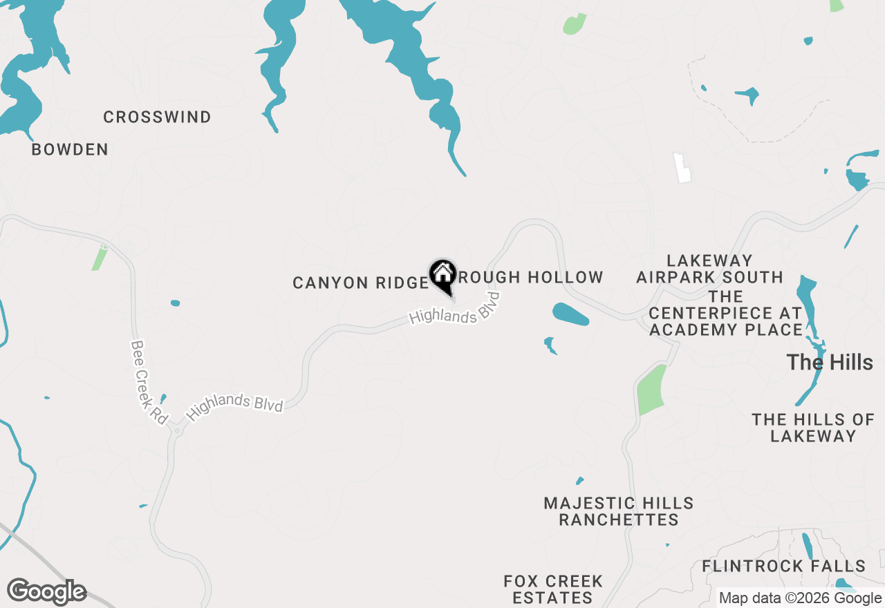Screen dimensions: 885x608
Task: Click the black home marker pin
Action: click(x=442, y=276)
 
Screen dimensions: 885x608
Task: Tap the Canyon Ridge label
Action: click(x=360, y=283)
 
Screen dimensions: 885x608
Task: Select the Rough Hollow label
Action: click(x=530, y=278)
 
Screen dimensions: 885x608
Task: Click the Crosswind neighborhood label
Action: click(x=158, y=117)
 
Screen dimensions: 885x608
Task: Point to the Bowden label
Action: click(x=70, y=150)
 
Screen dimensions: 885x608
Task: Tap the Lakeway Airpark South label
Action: click(x=709, y=269)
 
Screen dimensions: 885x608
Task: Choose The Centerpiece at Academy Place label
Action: click(x=726, y=314)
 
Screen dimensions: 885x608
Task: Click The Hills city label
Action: click(x=830, y=362)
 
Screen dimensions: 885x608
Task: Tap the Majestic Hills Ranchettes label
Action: click(x=619, y=511)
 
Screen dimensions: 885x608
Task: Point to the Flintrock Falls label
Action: click(x=783, y=567)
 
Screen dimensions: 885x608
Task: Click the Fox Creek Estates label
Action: click(x=553, y=589)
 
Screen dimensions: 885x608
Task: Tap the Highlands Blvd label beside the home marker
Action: click(x=454, y=310)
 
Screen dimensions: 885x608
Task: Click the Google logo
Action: click(x=46, y=592)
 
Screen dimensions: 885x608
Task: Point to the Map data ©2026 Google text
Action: click(x=800, y=598)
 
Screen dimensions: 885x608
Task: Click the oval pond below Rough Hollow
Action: click(x=570, y=314)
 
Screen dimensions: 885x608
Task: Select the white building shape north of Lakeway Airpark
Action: click(x=683, y=168)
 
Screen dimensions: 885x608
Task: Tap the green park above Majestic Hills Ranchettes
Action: click(x=651, y=390)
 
